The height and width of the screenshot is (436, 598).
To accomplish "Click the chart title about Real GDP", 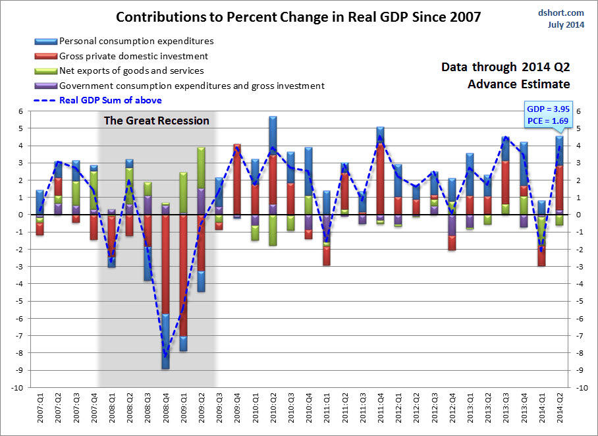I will [x=298, y=16].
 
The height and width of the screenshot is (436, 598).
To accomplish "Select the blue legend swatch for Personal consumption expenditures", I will [x=45, y=41].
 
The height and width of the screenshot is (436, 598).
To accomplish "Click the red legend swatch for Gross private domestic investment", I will [x=45, y=56].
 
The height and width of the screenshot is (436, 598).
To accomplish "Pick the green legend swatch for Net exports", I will [x=45, y=70].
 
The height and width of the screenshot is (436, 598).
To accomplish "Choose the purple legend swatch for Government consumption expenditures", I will [x=45, y=85].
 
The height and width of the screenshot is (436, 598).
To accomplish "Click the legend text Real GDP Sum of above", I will [x=110, y=100].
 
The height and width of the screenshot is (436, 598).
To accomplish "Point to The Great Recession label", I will [x=156, y=121].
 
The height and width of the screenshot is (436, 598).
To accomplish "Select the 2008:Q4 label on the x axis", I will [x=165, y=409].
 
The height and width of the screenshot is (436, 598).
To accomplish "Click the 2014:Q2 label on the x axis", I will [x=559, y=409].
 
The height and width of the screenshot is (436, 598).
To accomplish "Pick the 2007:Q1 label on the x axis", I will [x=40, y=409].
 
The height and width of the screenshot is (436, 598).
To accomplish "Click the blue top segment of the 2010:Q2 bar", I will [x=272, y=135].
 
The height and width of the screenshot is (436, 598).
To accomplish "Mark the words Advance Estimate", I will [x=519, y=84].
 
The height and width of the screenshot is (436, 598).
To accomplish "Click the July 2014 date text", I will [x=566, y=25].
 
